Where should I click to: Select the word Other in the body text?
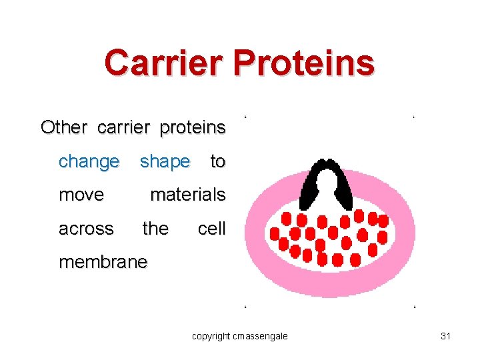[x=64, y=127]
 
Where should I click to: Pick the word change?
[x=89, y=161]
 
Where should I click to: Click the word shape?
[x=165, y=161]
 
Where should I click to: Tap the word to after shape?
[x=217, y=161]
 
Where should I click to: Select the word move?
[x=81, y=195]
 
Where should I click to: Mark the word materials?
[x=187, y=195]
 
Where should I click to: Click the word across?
[x=86, y=229]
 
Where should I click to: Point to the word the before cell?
[x=155, y=229]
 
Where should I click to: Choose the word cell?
[x=211, y=229]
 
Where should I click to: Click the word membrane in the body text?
[x=102, y=262]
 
